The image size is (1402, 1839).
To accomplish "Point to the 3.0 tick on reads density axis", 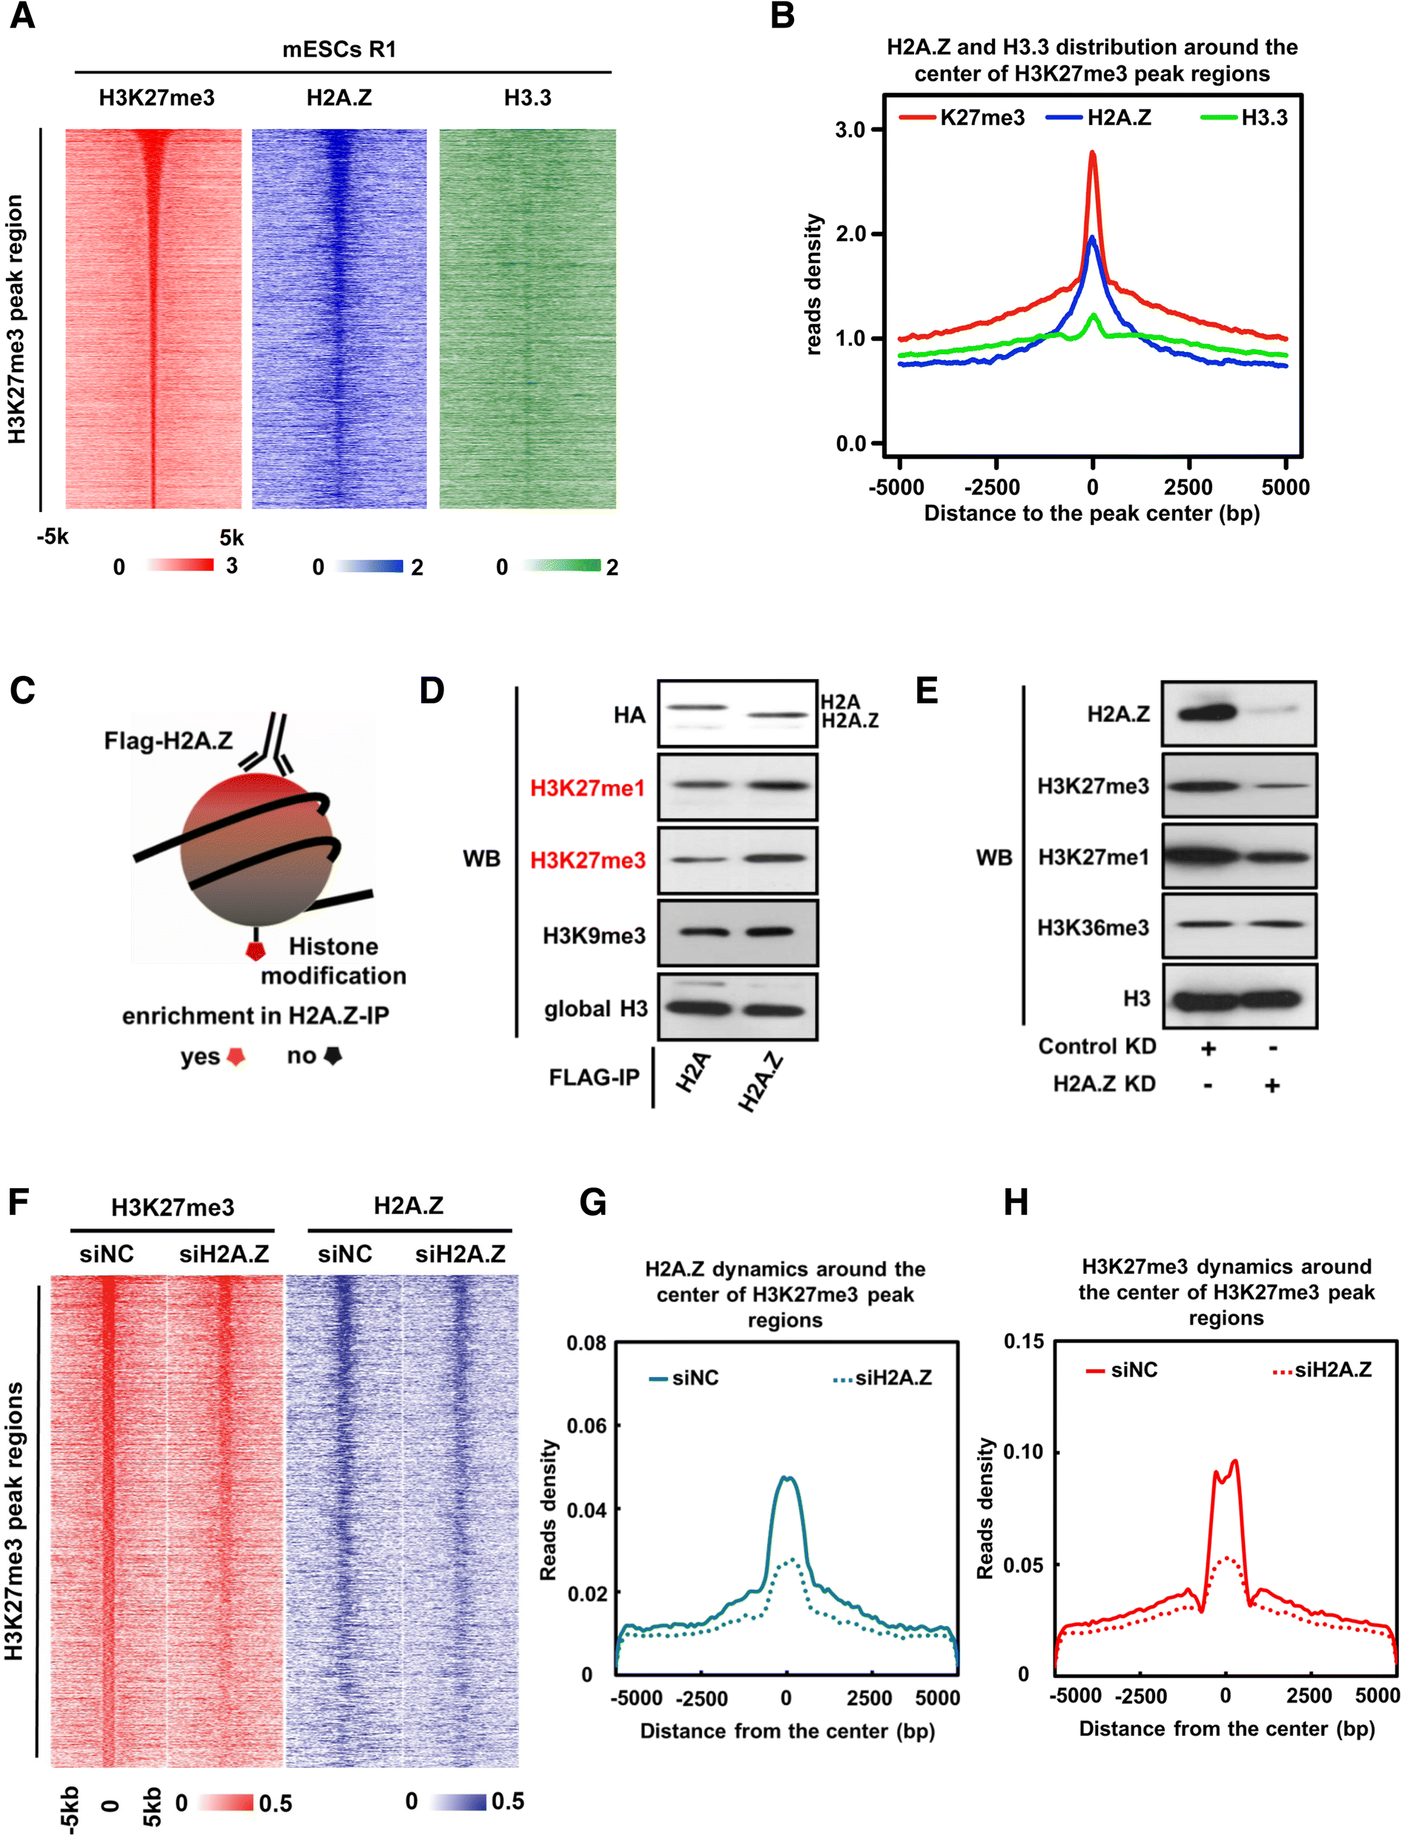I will click(x=851, y=129).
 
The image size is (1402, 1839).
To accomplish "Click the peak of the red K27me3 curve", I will click(x=1091, y=153).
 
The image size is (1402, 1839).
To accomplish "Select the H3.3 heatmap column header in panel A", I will click(x=527, y=98).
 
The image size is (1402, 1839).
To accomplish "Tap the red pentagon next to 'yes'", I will click(x=237, y=1056).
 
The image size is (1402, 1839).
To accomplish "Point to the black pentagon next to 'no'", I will click(x=333, y=1056).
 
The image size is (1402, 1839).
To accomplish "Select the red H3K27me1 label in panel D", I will click(x=587, y=788).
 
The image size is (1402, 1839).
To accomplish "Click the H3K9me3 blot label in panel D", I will click(x=593, y=935).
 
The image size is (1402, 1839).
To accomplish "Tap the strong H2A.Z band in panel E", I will click(x=1206, y=712).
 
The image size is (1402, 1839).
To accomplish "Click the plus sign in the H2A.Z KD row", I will click(x=1272, y=1084).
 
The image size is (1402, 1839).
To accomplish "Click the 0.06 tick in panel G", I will click(x=586, y=1425).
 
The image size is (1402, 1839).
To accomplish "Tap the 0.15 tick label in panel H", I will click(x=1023, y=1342).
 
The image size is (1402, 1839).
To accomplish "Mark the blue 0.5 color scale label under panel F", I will click(x=507, y=1800).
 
